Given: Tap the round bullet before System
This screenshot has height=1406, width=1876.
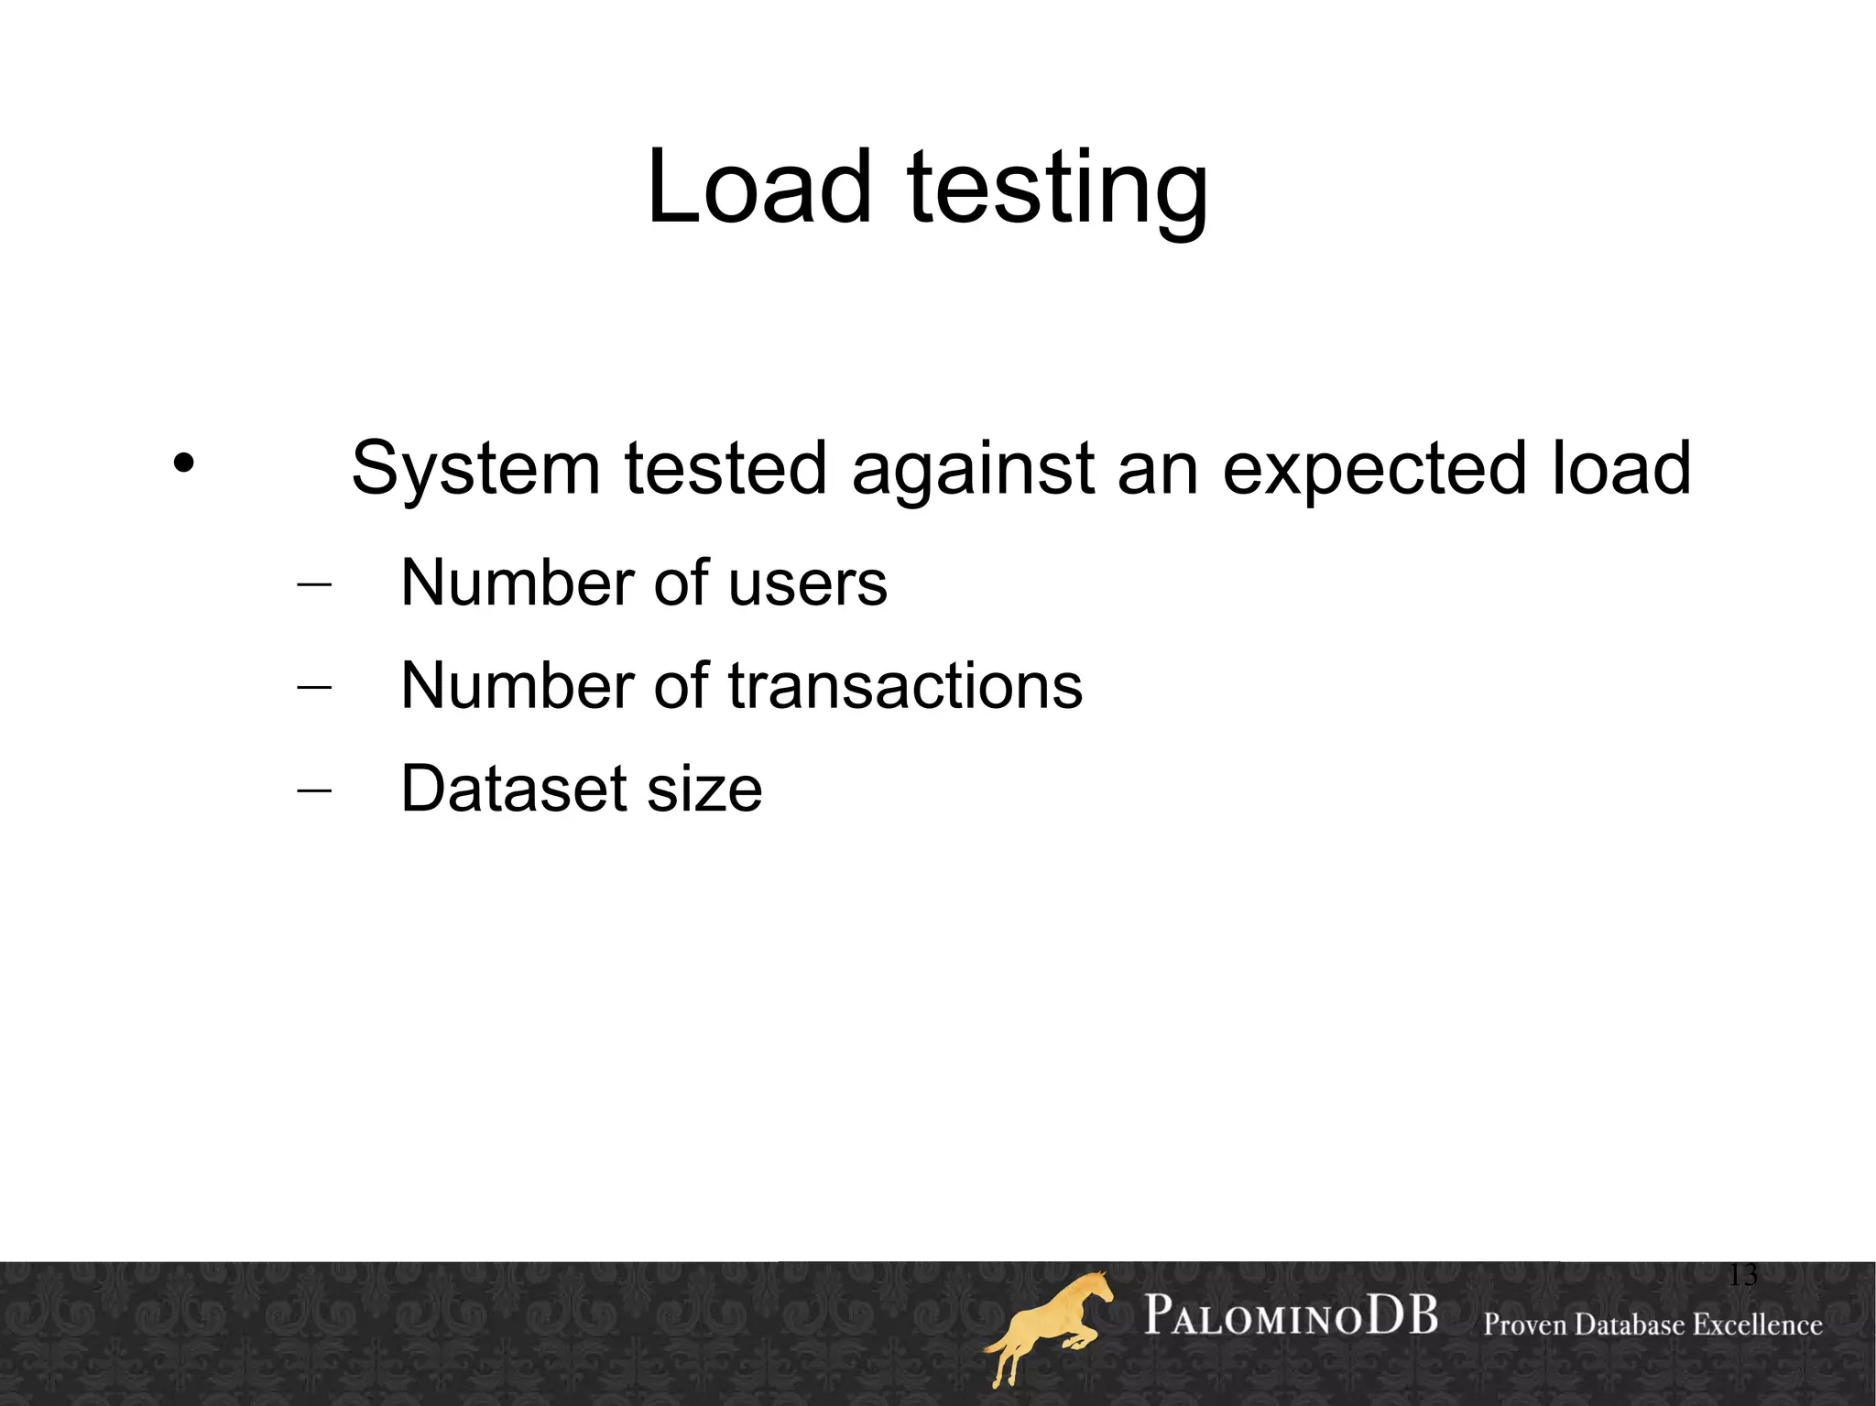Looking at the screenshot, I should tap(183, 463).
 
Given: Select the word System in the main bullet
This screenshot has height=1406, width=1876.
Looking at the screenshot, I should tap(475, 469).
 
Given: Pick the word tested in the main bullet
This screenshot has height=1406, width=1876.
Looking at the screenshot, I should tap(725, 469).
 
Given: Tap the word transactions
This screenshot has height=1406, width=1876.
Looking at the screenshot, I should tap(905, 686).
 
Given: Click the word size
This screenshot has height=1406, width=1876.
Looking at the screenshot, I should tap(704, 790).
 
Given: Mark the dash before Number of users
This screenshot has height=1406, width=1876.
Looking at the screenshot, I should tap(314, 585).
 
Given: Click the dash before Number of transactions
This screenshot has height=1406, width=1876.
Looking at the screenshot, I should tap(314, 688).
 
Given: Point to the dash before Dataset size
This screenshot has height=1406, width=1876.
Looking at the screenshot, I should tap(314, 790).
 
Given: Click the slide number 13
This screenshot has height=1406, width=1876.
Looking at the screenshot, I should tap(1742, 1275).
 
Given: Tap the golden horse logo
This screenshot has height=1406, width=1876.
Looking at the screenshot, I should tap(1049, 1328).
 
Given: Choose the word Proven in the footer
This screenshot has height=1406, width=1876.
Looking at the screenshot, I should tap(1525, 1324).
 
